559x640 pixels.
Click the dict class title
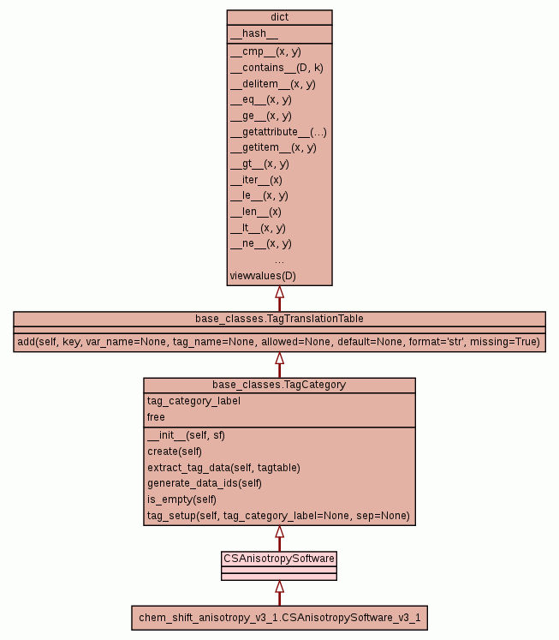pos(279,16)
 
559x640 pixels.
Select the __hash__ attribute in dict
pos(253,33)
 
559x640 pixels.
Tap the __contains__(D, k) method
pos(277,68)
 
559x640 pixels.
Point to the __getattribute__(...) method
pos(278,132)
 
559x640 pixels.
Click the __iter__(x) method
pos(256,180)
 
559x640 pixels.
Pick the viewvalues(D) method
pos(263,276)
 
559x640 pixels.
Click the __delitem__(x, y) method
pos(273,84)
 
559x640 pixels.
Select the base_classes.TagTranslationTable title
pos(279,319)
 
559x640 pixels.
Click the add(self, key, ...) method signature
pos(279,342)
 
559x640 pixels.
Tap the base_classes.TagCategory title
pos(279,385)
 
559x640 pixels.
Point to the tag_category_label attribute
pos(193,401)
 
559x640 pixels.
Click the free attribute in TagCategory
pos(156,417)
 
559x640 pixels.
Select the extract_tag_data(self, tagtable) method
pos(223,468)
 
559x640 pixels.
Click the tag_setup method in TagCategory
pos(278,517)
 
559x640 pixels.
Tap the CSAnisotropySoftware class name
pos(279,559)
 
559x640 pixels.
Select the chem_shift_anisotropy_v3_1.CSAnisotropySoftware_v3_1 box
pos(279,618)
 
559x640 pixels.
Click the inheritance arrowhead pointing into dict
pos(279,292)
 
